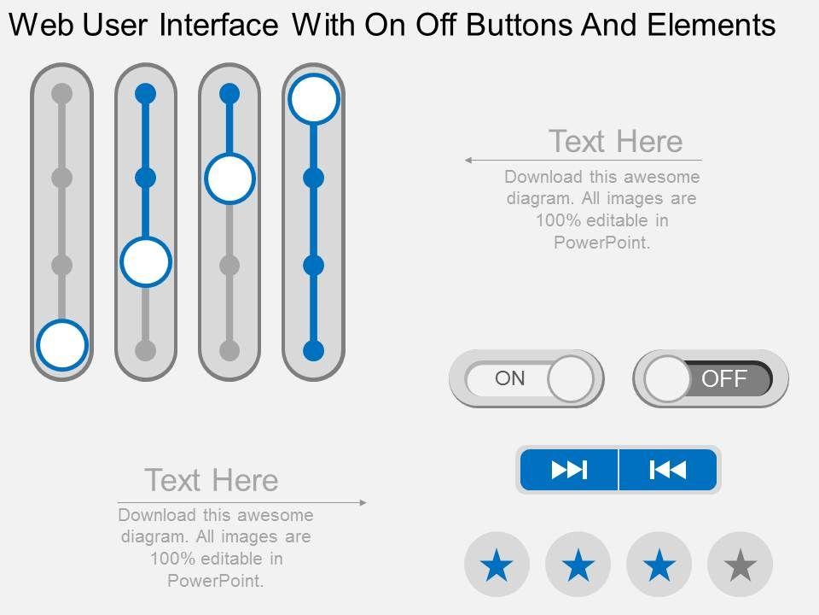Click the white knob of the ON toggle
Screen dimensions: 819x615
coord(571,378)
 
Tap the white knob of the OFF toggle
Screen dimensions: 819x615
coord(667,378)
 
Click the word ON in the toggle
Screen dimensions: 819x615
coord(510,378)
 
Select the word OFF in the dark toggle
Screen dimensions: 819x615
coord(724,378)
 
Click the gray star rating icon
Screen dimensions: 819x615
coord(741,565)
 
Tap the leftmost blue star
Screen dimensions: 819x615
coord(497,565)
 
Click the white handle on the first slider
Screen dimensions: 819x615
coord(61,345)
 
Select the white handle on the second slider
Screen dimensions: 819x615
coord(146,261)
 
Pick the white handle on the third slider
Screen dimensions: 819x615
coord(229,178)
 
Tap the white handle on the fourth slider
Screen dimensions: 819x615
coord(313,99)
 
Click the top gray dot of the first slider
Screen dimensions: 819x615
coord(61,94)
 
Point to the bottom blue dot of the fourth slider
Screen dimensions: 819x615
coord(313,350)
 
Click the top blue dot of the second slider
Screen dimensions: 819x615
coord(146,94)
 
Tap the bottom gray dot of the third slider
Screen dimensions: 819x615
coord(229,350)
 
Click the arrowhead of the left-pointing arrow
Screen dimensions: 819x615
coord(468,160)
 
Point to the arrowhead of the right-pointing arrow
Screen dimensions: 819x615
coord(363,502)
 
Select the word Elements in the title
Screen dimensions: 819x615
coord(712,25)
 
